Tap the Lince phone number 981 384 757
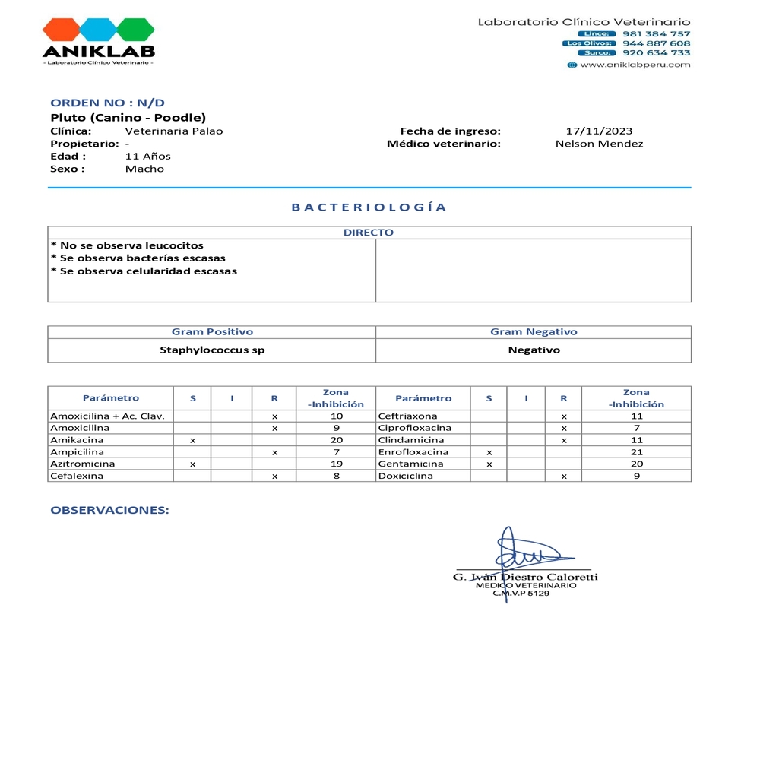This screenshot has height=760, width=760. (656, 33)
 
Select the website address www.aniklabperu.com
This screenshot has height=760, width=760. (635, 65)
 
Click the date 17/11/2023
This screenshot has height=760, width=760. (599, 131)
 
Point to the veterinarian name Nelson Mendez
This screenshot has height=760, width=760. (599, 144)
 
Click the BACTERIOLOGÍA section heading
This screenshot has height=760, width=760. (369, 207)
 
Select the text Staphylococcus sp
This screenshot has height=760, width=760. (212, 350)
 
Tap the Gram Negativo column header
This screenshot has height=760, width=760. (534, 332)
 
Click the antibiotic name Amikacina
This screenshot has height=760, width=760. (77, 440)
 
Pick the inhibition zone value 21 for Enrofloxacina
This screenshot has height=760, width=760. (637, 452)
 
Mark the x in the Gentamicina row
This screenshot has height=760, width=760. (489, 464)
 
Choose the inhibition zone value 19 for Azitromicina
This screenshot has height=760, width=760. (337, 464)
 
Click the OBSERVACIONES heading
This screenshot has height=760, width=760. (109, 510)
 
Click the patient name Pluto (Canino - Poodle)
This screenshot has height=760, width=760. (128, 118)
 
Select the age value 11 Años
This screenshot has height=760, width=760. (147, 157)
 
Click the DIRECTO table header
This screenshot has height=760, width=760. (369, 233)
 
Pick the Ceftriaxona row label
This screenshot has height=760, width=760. (407, 416)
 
